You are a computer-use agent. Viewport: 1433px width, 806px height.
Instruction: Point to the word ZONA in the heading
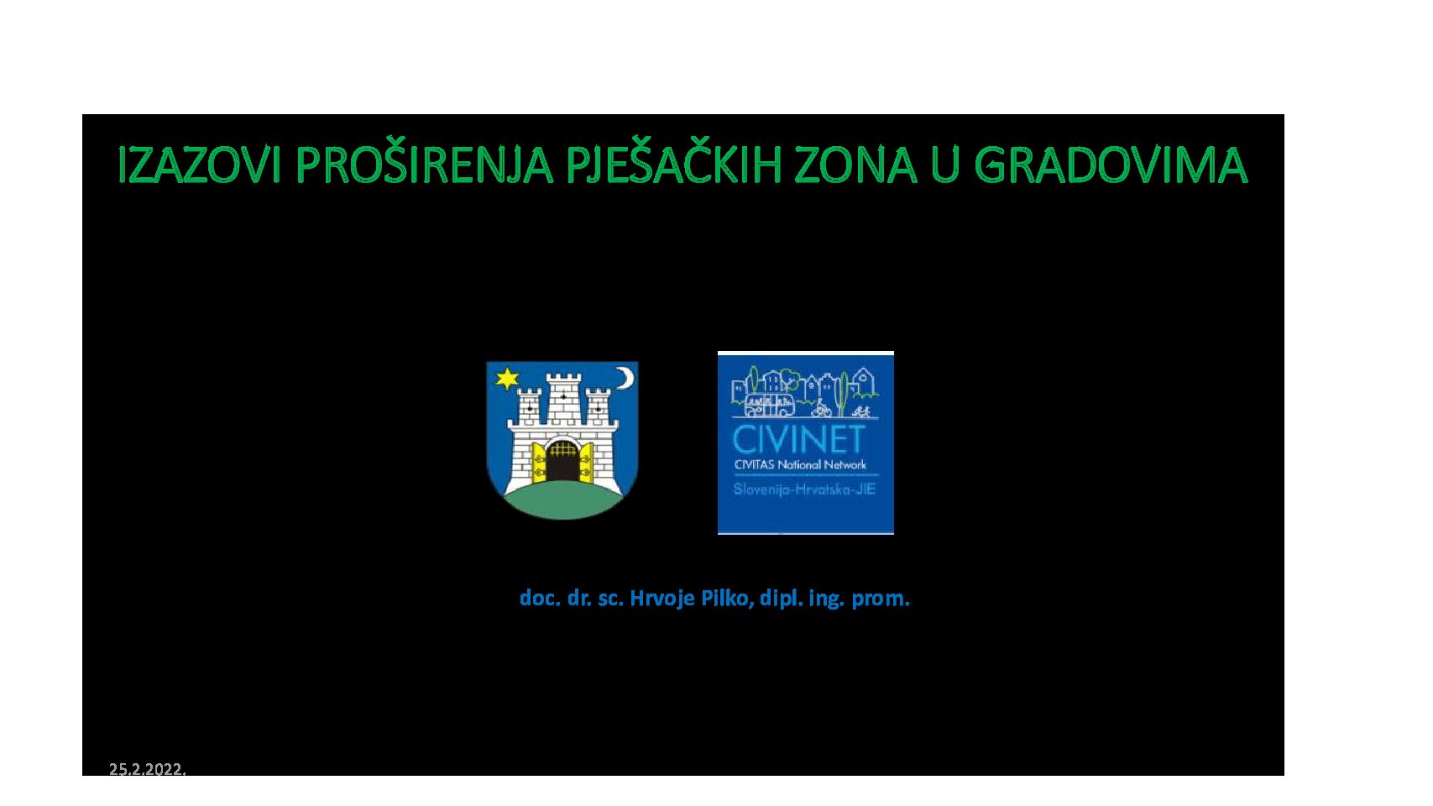pyautogui.click(x=856, y=165)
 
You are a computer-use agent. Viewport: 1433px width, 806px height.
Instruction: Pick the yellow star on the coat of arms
pyautogui.click(x=507, y=378)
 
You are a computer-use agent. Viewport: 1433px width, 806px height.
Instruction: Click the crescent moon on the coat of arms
pyautogui.click(x=625, y=377)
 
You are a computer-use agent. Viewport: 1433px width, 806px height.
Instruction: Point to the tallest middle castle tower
pyautogui.click(x=563, y=399)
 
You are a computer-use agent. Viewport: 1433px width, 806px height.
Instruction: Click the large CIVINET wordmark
pyautogui.click(x=798, y=439)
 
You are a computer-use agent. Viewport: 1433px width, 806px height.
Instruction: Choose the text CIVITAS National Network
pyautogui.click(x=800, y=465)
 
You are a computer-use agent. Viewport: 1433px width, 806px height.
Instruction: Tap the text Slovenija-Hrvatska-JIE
pyautogui.click(x=804, y=490)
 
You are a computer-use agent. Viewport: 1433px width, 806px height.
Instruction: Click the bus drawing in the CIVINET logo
pyautogui.click(x=769, y=405)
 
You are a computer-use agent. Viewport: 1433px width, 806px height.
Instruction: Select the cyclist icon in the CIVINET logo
pyautogui.click(x=821, y=408)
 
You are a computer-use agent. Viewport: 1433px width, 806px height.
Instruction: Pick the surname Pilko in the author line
pyautogui.click(x=727, y=598)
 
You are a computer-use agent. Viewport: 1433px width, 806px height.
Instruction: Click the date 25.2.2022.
pyautogui.click(x=147, y=769)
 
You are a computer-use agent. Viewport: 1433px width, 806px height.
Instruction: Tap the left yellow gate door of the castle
pyautogui.click(x=539, y=462)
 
